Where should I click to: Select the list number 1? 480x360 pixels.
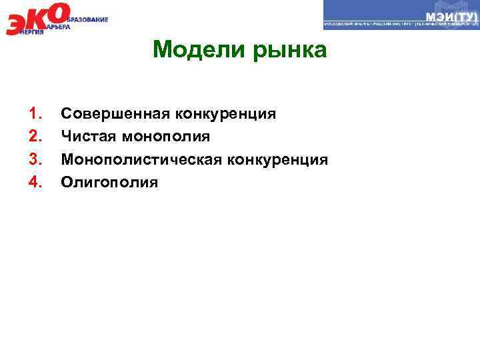point(34,114)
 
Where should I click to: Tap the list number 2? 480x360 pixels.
point(34,137)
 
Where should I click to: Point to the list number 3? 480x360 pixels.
point(34,159)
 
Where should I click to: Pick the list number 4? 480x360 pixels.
point(34,182)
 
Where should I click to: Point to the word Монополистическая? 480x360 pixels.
point(142,159)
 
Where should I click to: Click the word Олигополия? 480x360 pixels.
point(110,182)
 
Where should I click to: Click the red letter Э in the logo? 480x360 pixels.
point(16,24)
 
